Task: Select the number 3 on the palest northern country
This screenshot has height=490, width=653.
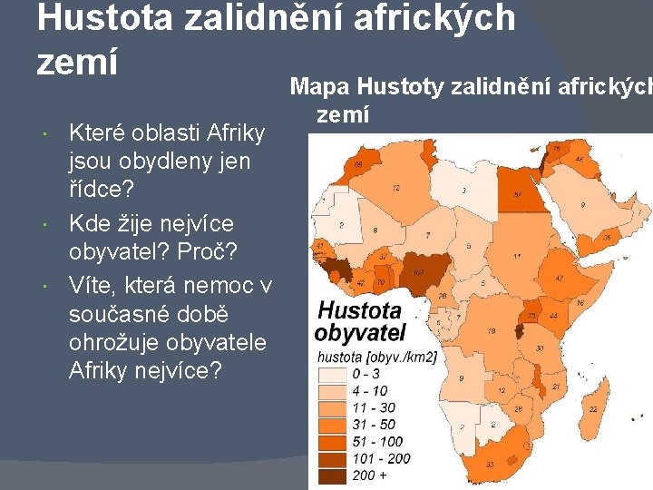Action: coord(463,190)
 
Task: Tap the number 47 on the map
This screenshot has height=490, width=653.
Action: coord(560,279)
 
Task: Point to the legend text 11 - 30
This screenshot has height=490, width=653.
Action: coord(375,407)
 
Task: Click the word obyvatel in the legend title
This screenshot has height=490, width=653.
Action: coord(359,331)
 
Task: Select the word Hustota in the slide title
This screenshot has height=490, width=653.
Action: coord(104,17)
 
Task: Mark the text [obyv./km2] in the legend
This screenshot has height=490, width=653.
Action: coord(404,357)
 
